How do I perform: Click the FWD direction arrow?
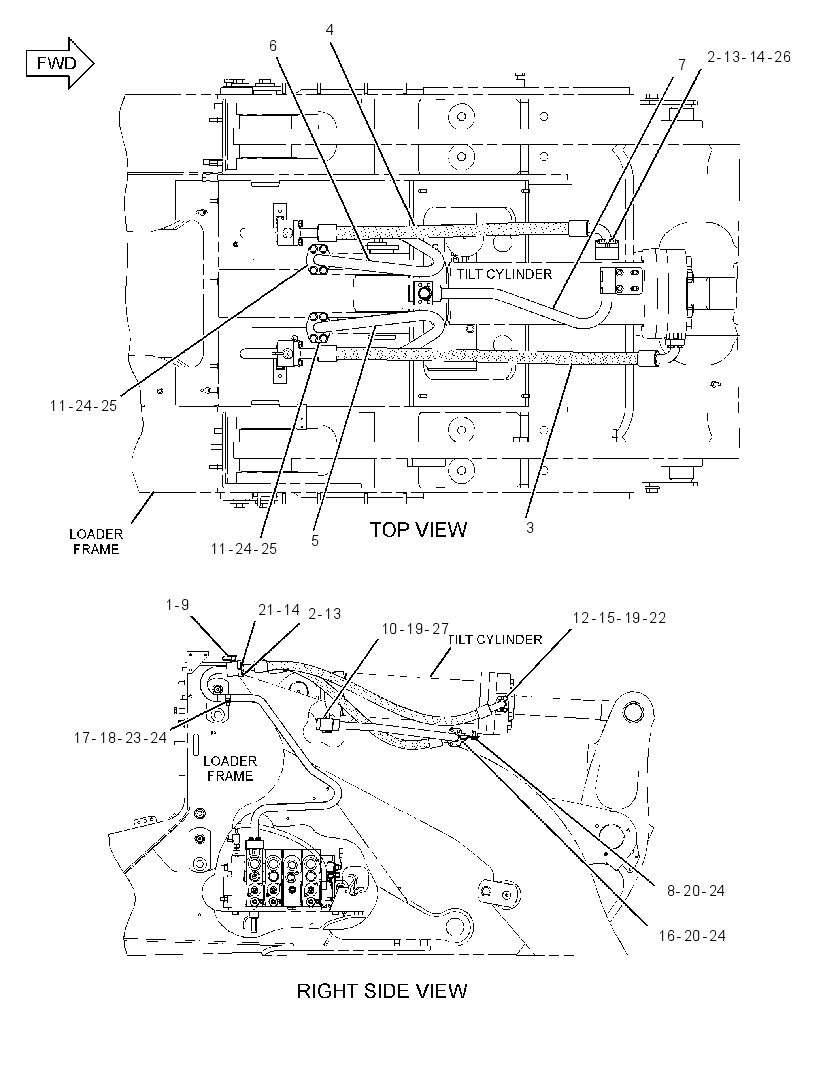coord(60,64)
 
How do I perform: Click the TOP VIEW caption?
coord(418,530)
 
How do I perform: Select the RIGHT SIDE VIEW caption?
coord(382,991)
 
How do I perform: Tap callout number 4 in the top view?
coord(330,30)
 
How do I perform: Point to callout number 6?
coord(273,46)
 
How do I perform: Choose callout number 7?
coord(682,65)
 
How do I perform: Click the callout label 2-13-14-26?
coord(749,56)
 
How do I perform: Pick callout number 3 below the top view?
coord(530,528)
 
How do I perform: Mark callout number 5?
coord(315,540)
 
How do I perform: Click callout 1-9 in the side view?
coord(177,604)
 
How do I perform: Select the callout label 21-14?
coord(279,610)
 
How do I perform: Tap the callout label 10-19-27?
coord(415,629)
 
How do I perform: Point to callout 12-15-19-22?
coord(619,617)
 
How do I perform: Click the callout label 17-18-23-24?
coord(120,738)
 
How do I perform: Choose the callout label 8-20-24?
coord(696,891)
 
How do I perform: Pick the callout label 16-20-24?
coord(692,935)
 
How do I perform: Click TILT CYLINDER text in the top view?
coord(504,274)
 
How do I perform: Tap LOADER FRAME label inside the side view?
coord(230,768)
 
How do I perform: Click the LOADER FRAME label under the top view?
coord(96,542)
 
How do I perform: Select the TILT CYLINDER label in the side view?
coord(495,640)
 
